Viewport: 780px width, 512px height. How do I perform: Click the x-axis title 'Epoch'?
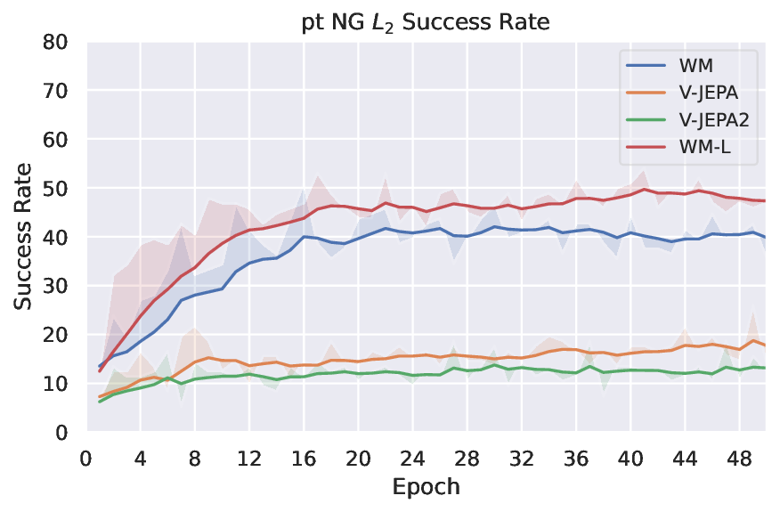426,487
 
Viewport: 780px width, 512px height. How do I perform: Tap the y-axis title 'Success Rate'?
25,237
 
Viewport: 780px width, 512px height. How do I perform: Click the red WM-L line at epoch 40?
630,194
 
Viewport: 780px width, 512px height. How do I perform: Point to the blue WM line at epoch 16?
304,237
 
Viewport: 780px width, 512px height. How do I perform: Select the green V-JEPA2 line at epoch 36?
576,372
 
